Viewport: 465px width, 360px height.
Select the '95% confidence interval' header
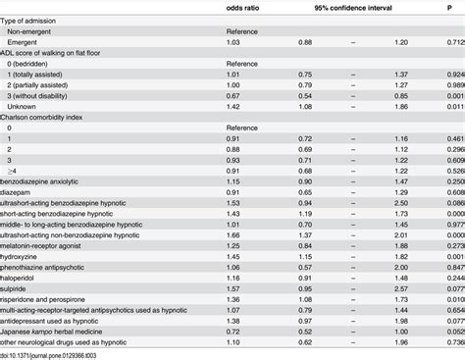coord(353,8)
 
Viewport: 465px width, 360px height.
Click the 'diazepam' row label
coord(18,190)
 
